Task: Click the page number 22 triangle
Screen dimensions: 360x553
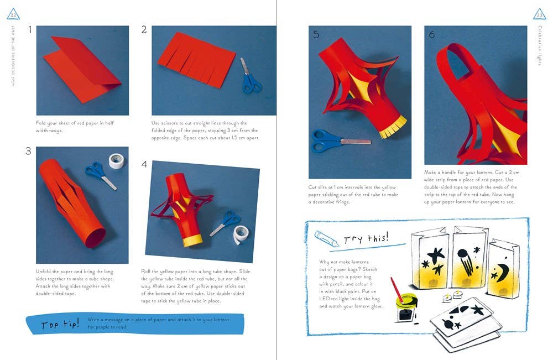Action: pos(14,13)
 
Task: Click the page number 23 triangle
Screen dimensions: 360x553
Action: pos(539,13)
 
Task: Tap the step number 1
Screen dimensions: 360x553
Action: pos(30,30)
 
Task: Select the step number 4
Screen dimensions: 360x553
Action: pos(144,164)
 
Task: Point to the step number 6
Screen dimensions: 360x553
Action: pos(432,35)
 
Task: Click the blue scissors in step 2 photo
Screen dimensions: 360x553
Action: pos(250,77)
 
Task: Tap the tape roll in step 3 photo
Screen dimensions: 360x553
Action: pos(116,161)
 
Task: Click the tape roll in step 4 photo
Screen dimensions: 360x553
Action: pos(239,234)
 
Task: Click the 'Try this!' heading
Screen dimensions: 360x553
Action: pos(366,238)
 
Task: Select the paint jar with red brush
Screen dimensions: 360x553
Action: pos(405,306)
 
